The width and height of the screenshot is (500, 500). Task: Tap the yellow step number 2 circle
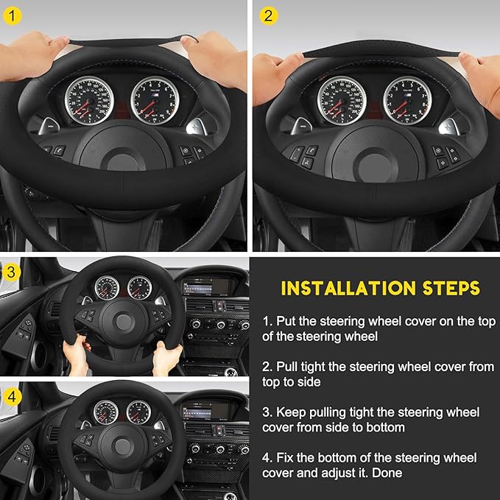268,15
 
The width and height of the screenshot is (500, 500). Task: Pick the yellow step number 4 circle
10,396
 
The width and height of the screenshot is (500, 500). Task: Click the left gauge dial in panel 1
87,100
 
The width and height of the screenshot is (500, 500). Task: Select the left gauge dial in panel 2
342,100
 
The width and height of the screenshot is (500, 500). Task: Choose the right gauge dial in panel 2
407,100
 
